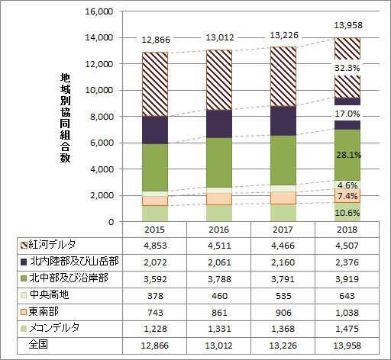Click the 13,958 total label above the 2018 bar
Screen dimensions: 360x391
(x=347, y=26)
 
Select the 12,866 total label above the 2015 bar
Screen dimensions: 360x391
(x=155, y=40)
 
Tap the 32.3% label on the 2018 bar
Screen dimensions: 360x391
(x=347, y=68)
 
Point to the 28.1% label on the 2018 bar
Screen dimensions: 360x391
(x=347, y=154)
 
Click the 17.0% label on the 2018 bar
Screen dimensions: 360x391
(x=347, y=114)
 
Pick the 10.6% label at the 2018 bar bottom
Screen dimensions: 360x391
(x=347, y=212)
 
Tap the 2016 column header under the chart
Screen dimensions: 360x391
(x=219, y=229)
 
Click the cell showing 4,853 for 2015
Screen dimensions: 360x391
(x=155, y=245)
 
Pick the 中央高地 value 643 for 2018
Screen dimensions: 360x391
(x=347, y=295)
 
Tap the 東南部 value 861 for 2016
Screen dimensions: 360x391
(x=219, y=312)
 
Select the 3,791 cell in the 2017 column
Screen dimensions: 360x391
(x=283, y=278)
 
